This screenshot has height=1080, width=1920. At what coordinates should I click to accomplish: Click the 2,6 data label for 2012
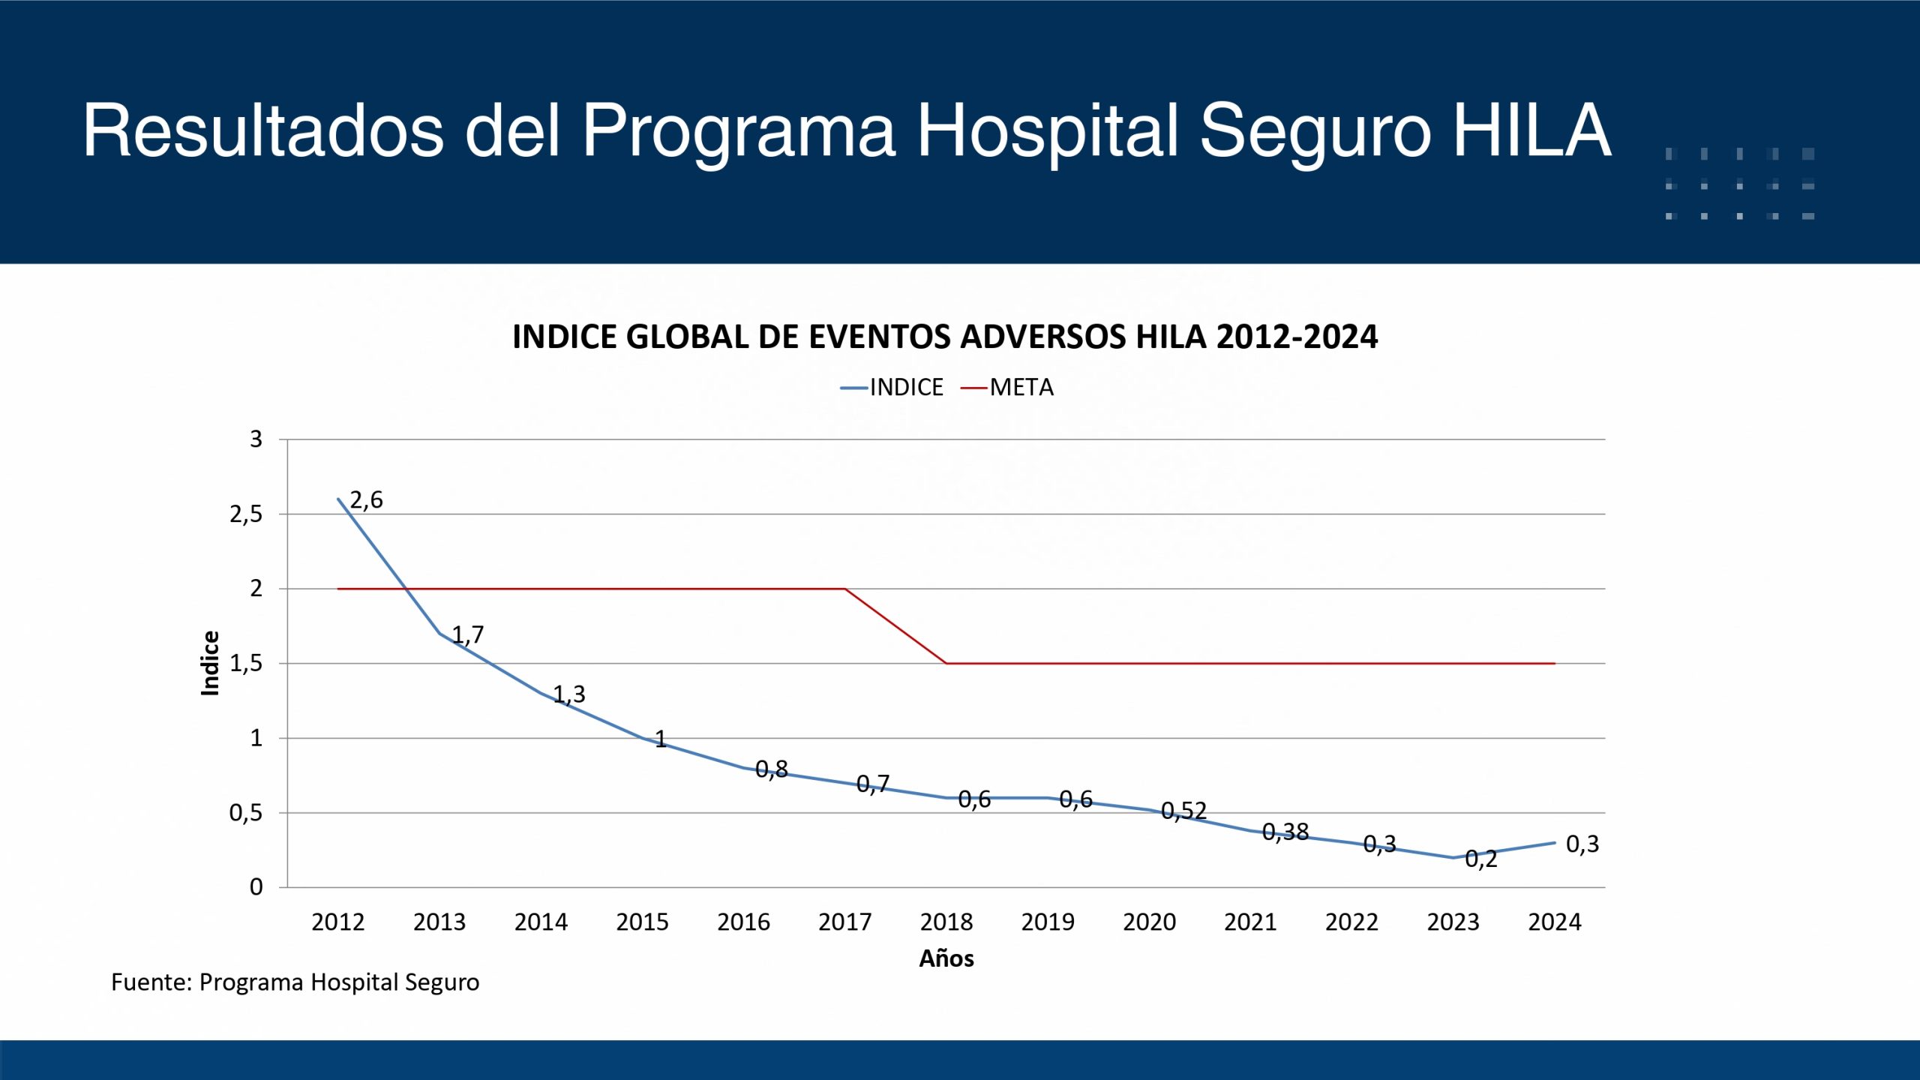pyautogui.click(x=366, y=499)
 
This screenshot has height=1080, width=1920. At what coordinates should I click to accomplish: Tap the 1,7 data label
pyautogui.click(x=468, y=634)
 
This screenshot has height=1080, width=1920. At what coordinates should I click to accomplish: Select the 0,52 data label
pyautogui.click(x=1183, y=811)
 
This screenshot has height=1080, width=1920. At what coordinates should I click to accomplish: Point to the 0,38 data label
pyautogui.click(x=1285, y=832)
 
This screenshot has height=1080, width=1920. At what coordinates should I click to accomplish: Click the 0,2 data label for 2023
pyautogui.click(x=1480, y=859)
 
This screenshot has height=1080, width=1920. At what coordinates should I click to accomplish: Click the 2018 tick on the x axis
pyautogui.click(x=946, y=922)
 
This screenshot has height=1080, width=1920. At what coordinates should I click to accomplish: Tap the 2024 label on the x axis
pyautogui.click(x=1555, y=922)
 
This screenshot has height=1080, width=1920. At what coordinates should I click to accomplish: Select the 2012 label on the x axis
pyautogui.click(x=338, y=922)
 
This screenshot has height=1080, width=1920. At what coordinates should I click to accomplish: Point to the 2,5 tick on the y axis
pyautogui.click(x=246, y=514)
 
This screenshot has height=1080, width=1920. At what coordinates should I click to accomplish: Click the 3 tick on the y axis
pyautogui.click(x=256, y=439)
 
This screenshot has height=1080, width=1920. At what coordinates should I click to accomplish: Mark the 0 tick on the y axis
pyautogui.click(x=256, y=887)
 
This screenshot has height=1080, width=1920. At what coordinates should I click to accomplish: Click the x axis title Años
pyautogui.click(x=946, y=958)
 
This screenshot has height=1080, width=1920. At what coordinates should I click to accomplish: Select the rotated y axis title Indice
pyautogui.click(x=211, y=663)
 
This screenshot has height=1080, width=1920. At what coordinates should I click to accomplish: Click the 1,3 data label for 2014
pyautogui.click(x=569, y=694)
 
